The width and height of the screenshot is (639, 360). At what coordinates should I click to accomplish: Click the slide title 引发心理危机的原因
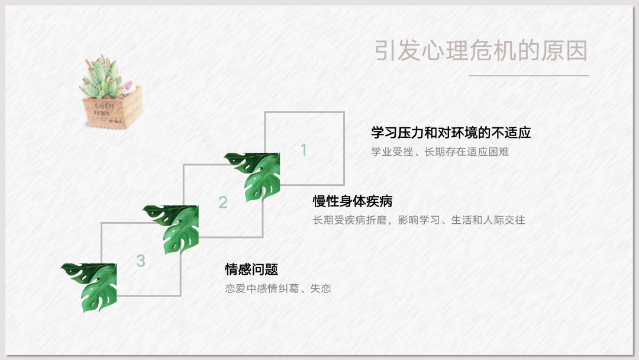481,50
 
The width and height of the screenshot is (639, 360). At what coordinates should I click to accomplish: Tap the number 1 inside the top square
304,150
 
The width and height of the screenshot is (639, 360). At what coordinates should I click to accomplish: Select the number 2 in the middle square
223,202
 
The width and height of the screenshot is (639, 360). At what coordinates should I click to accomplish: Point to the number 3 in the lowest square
141,261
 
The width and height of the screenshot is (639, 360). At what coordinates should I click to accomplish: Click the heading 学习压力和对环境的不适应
451,133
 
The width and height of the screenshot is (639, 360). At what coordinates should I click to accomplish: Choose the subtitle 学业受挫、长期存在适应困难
440,152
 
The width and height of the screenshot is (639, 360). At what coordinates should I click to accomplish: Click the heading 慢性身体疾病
353,201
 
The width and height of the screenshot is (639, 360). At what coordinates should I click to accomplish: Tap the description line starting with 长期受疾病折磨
418,220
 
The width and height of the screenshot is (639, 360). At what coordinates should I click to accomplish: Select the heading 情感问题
251,269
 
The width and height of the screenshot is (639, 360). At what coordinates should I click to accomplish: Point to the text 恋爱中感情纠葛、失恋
278,289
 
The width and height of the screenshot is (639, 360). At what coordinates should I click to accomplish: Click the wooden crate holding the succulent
113,108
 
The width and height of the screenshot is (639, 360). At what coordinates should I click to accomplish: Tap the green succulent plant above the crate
101,78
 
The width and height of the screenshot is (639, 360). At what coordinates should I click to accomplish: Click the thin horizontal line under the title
528,75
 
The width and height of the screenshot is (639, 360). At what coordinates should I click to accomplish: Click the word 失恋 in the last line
320,289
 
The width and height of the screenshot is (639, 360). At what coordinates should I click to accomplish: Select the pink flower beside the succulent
128,87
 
